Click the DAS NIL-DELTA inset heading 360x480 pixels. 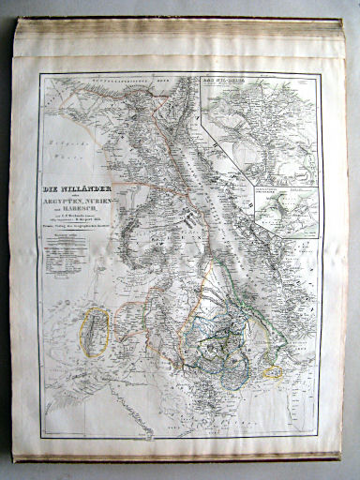218,82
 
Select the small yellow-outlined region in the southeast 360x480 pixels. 274,371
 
